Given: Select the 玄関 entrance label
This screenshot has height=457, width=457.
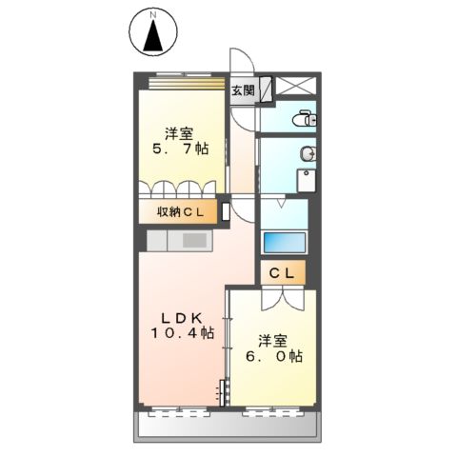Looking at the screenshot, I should pos(243,91).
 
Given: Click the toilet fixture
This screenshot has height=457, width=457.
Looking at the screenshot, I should pos(305,119).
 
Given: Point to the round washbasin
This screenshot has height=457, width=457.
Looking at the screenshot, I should pos(308,154).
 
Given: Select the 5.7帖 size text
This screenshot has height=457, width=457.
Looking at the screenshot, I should pos(182,149).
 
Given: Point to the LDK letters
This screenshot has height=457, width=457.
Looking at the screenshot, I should pos(180,317).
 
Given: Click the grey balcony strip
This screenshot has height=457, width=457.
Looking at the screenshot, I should pos(228,428).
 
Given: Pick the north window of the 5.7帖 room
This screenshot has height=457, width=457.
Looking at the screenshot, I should pos(181,77).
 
